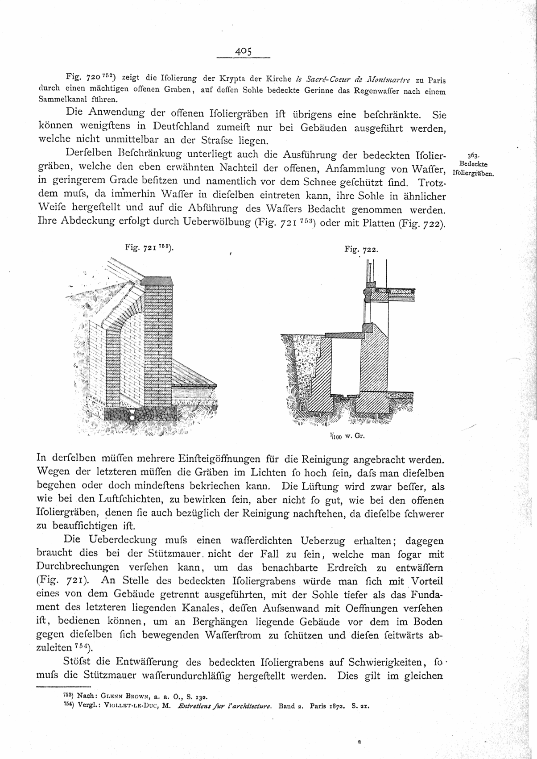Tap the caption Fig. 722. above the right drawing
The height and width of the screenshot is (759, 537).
(361, 250)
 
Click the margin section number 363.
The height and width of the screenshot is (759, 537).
(473, 156)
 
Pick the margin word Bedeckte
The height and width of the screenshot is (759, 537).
(473, 164)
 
